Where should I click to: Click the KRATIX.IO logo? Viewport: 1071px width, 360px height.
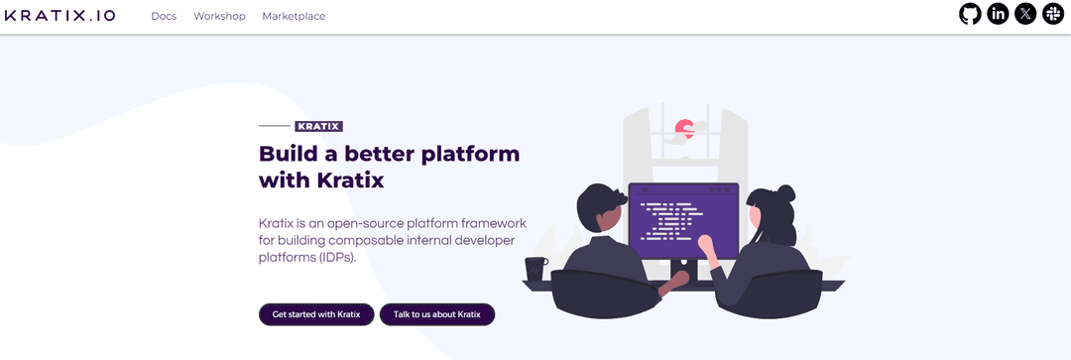point(60,16)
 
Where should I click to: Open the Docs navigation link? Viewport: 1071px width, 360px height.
point(164,16)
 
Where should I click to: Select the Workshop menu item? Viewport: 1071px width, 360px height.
point(219,16)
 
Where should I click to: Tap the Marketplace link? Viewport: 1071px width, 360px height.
point(294,16)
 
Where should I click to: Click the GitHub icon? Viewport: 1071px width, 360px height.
point(970,14)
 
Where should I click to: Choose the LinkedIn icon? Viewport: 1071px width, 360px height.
point(998,14)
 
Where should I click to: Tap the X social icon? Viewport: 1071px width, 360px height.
point(1025,14)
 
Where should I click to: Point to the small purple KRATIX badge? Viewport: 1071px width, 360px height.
point(318,126)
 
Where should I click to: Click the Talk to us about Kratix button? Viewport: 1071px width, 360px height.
point(436,314)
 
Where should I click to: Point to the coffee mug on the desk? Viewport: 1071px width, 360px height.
point(535,269)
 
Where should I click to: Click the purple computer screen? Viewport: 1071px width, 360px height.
point(682,220)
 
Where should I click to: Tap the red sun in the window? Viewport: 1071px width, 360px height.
point(682,127)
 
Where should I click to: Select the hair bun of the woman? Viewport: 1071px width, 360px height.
point(785,192)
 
